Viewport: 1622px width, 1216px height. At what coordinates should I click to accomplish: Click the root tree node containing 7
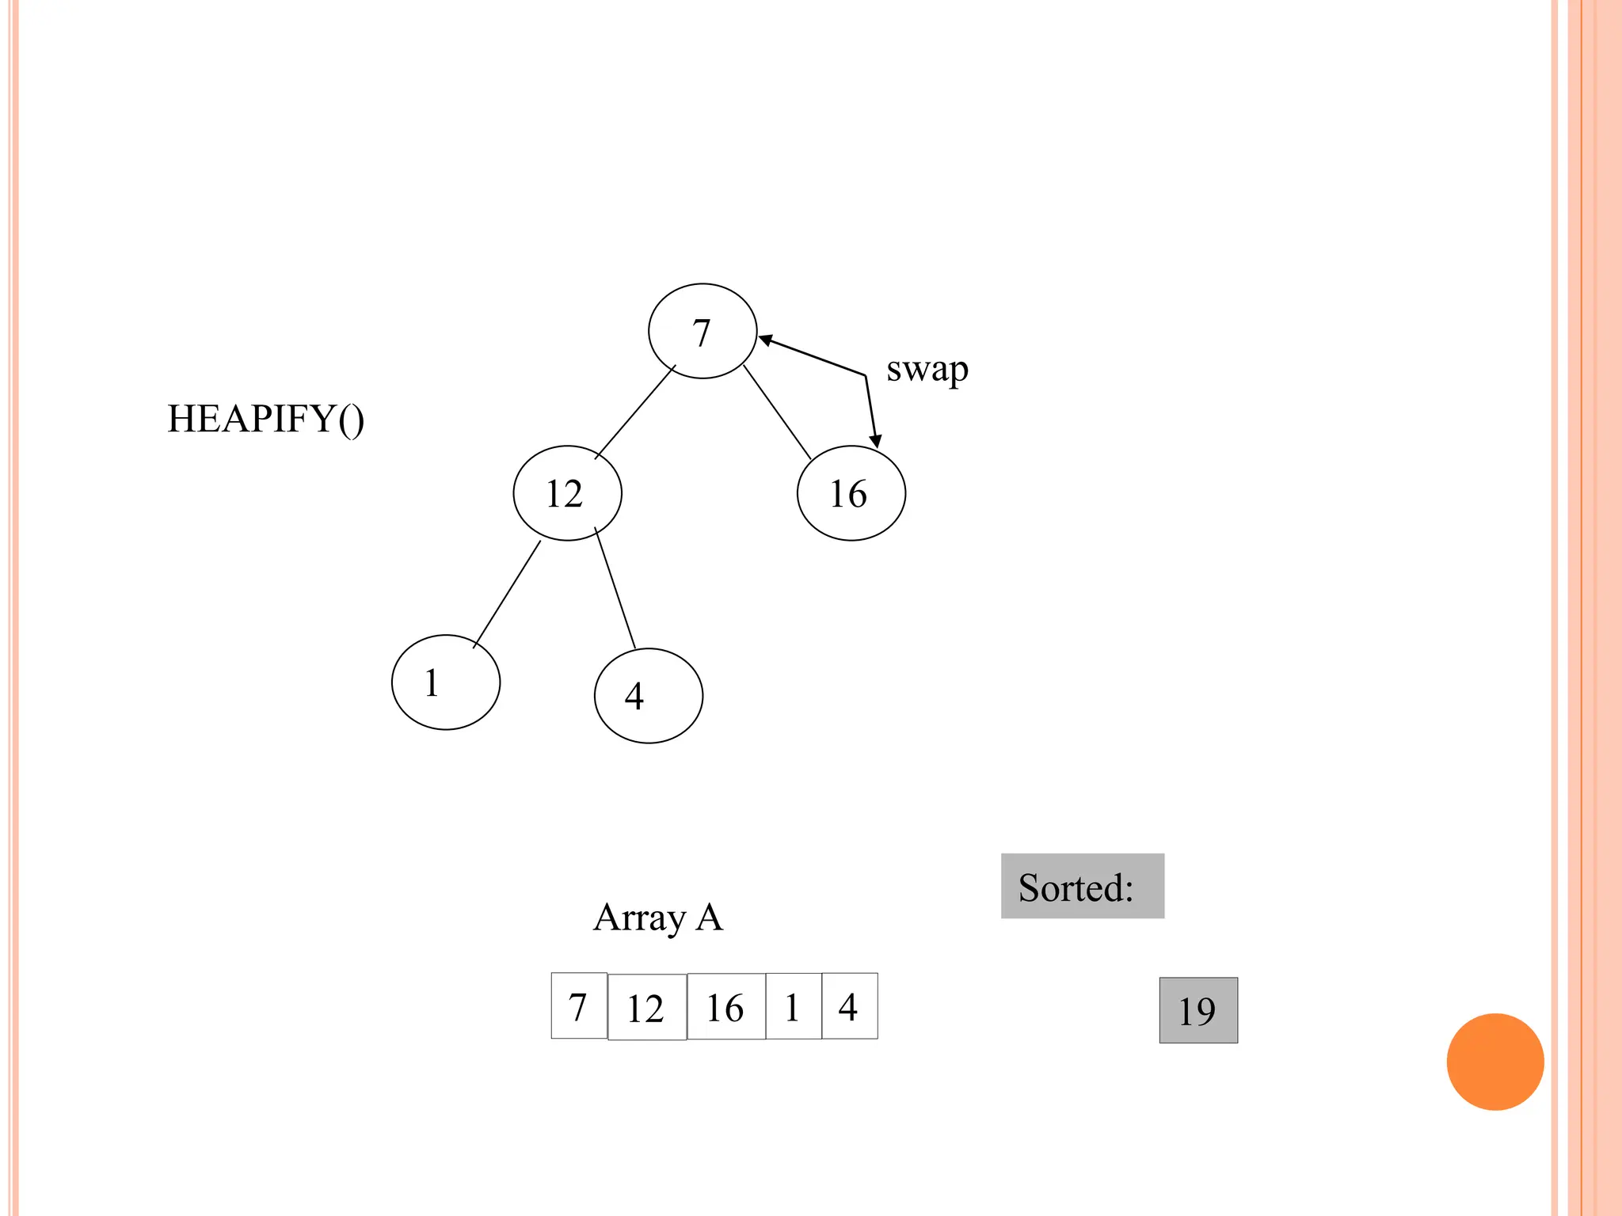click(702, 331)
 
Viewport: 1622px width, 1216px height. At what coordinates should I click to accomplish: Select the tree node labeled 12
click(567, 493)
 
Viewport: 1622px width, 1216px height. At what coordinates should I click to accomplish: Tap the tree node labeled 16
click(851, 493)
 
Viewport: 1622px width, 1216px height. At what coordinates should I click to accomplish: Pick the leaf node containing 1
click(446, 682)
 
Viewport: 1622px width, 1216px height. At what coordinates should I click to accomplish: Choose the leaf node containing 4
click(648, 695)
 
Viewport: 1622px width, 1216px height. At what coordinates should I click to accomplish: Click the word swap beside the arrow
click(927, 370)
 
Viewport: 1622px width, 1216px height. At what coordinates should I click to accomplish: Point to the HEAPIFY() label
click(265, 419)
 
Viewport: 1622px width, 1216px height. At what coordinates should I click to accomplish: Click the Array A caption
click(658, 918)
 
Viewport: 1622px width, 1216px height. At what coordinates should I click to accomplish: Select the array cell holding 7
click(579, 1006)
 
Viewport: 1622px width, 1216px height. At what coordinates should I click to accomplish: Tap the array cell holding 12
click(646, 1007)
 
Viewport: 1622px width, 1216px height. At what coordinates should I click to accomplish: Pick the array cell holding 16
click(725, 1006)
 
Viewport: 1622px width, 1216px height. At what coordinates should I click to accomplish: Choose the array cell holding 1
click(793, 1006)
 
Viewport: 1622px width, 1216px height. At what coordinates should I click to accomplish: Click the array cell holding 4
click(849, 1006)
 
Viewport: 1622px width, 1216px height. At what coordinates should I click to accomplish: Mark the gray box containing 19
click(1197, 1010)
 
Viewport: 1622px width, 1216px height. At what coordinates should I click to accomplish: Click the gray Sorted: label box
click(1082, 886)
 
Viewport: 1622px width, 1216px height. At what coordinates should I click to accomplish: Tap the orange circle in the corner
click(1494, 1062)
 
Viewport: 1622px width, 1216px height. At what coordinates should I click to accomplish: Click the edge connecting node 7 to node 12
click(634, 412)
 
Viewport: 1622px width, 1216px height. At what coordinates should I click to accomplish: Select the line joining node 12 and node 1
click(507, 594)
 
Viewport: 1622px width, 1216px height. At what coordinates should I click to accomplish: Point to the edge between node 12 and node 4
click(615, 588)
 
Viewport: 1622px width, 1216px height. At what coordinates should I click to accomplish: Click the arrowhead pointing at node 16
click(875, 440)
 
